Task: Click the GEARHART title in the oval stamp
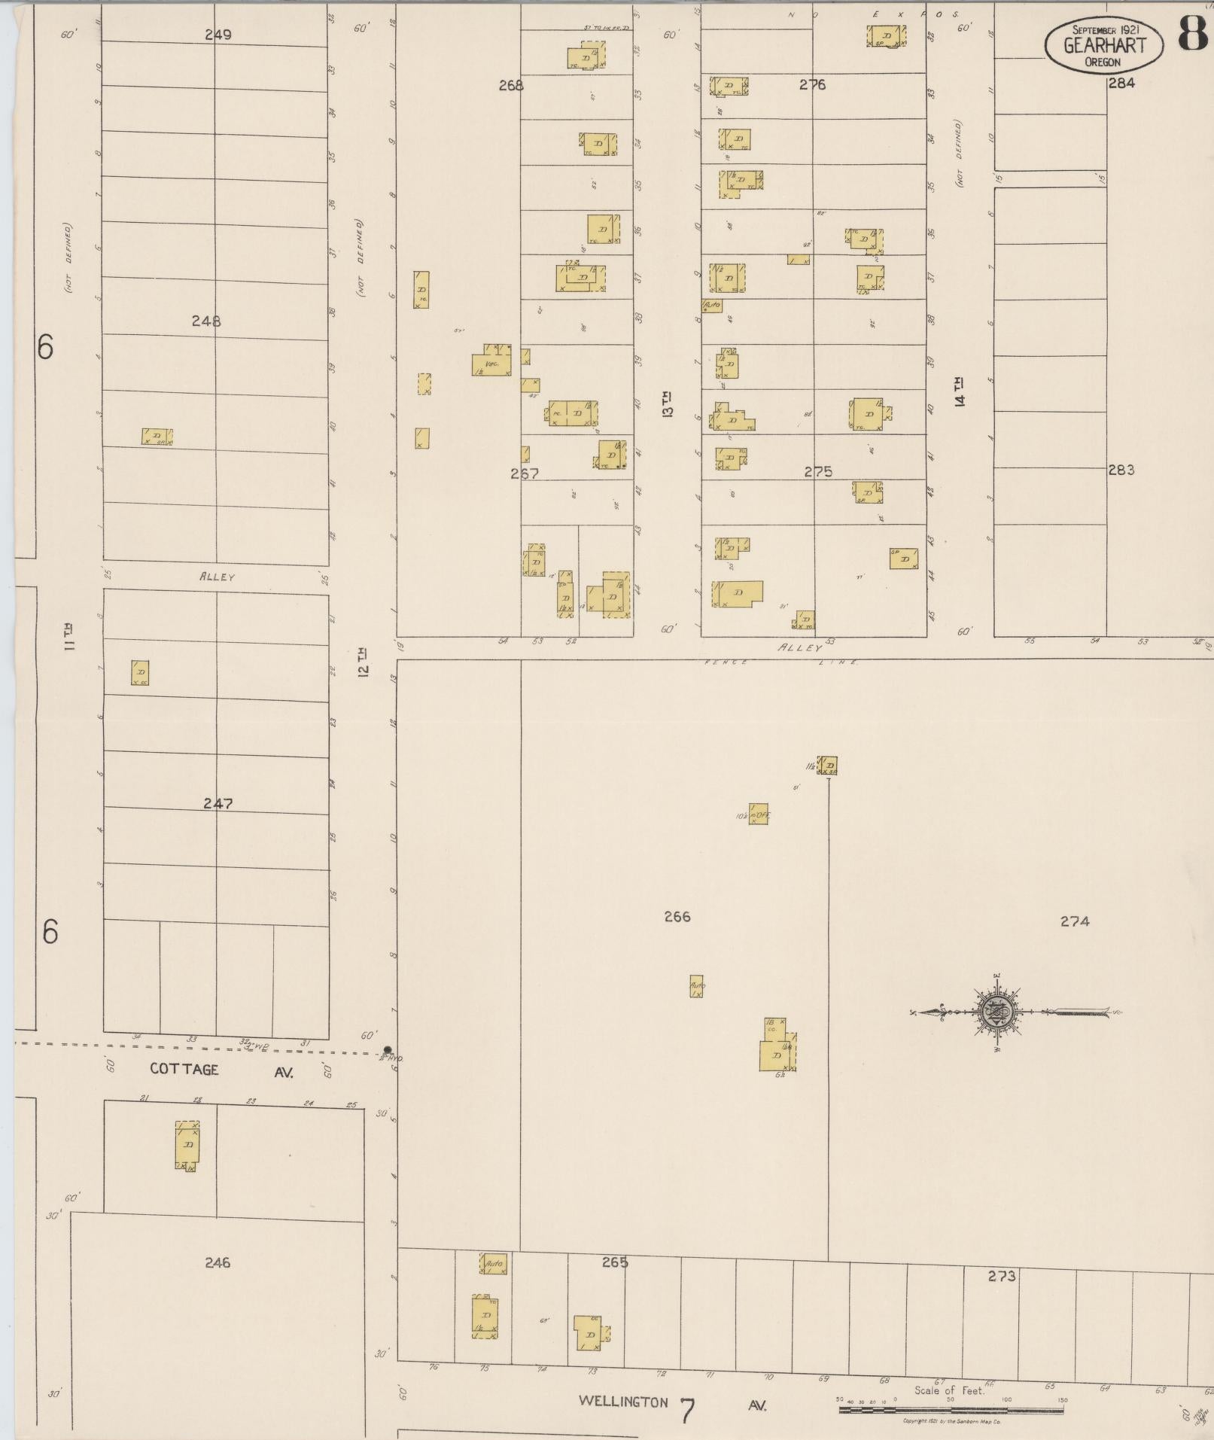pyautogui.click(x=1104, y=45)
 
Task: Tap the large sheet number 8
pyautogui.click(x=1194, y=33)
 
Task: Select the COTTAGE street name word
pyautogui.click(x=184, y=1069)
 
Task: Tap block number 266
pyautogui.click(x=677, y=916)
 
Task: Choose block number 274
pyautogui.click(x=1074, y=921)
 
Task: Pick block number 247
pyautogui.click(x=217, y=803)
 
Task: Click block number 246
pyautogui.click(x=217, y=1262)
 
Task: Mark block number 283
pyautogui.click(x=1120, y=470)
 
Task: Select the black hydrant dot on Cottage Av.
pyautogui.click(x=388, y=1050)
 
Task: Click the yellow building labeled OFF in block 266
pyautogui.click(x=759, y=814)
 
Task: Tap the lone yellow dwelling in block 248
pyautogui.click(x=157, y=437)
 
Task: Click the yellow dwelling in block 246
pyautogui.click(x=187, y=1144)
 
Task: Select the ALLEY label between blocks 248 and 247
pyautogui.click(x=217, y=577)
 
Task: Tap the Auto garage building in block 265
pyautogui.click(x=494, y=1264)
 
